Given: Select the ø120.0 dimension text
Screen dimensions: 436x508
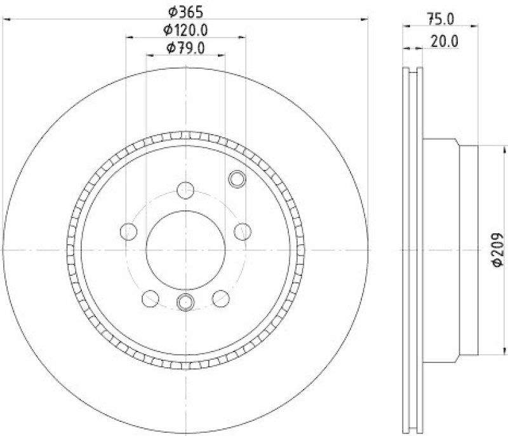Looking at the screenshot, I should (185, 29).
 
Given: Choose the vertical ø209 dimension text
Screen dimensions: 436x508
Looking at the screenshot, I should (497, 249).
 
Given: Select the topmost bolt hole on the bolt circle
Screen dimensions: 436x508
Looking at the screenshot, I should (185, 189).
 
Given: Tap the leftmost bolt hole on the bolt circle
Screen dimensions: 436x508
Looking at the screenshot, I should (128, 231).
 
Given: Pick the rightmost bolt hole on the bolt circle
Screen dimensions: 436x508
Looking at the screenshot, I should (242, 231).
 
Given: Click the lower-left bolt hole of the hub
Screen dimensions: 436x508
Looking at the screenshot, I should (150, 297).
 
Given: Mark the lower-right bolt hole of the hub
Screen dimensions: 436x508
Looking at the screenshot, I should (220, 297).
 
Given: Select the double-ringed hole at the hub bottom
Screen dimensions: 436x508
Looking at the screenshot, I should (185, 303).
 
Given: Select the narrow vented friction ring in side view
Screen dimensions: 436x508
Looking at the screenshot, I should (413, 250).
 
